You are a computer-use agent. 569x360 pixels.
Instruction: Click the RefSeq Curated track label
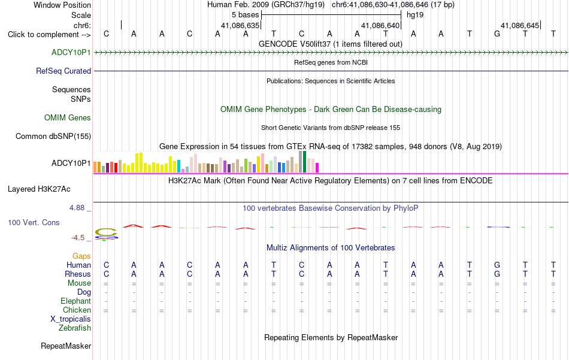(x=63, y=71)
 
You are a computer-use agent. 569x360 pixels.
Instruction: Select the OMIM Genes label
(x=68, y=117)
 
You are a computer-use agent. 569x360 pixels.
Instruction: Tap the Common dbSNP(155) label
(x=53, y=137)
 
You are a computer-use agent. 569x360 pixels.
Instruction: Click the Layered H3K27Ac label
(x=39, y=189)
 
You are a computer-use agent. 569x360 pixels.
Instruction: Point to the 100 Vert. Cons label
(x=34, y=222)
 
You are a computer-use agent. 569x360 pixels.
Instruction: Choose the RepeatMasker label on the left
(x=66, y=346)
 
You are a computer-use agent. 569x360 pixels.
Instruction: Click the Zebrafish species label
(x=75, y=328)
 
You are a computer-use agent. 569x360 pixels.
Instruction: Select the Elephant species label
(x=76, y=301)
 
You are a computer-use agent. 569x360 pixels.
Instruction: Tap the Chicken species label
(x=77, y=310)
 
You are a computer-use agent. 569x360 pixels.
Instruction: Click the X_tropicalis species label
(x=71, y=319)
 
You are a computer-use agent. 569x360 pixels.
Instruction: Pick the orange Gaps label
(x=81, y=256)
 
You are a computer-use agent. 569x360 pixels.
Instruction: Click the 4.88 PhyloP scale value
(x=77, y=208)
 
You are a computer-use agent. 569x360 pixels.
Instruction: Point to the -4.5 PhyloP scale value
(x=78, y=238)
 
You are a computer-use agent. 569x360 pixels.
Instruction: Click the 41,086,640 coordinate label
(x=380, y=25)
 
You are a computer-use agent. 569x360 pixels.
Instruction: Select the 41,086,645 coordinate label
(x=520, y=25)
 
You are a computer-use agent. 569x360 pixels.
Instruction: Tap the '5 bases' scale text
(x=246, y=15)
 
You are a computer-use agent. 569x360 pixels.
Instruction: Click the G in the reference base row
(x=497, y=34)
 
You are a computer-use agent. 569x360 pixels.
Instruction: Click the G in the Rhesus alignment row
(x=497, y=274)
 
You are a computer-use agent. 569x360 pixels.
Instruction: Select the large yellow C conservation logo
(x=106, y=232)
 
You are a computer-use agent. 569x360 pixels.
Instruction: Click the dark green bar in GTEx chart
(x=304, y=162)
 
